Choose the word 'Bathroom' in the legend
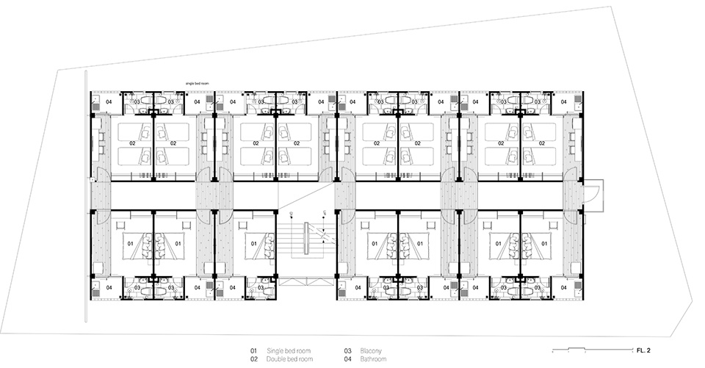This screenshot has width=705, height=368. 374,359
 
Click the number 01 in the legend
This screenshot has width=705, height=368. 254,351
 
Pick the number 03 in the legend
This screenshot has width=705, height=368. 347,351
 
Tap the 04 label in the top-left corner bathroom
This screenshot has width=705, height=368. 108,101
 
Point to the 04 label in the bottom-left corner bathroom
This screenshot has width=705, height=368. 108,289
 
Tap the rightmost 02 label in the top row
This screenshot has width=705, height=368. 541,143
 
